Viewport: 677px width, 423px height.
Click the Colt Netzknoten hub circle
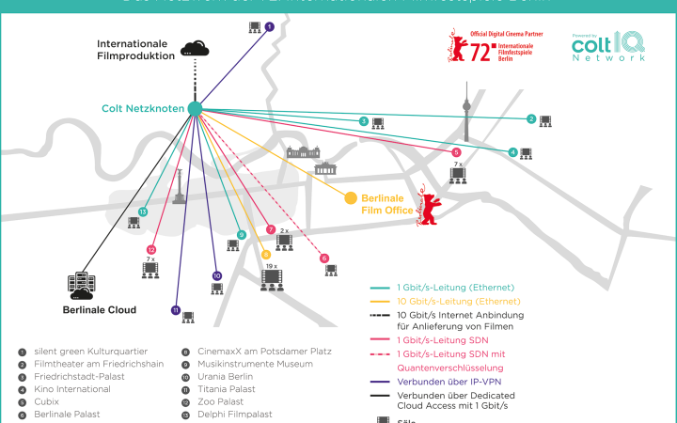coord(195,109)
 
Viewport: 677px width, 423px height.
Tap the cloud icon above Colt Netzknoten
coord(196,48)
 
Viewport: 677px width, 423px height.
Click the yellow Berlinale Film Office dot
coord(351,197)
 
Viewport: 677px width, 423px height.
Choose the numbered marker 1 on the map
coord(270,27)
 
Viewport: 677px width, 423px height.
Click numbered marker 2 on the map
coord(531,119)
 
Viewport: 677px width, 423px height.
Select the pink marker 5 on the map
coord(456,152)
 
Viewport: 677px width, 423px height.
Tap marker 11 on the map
coord(175,310)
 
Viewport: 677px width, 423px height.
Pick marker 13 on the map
coord(143,212)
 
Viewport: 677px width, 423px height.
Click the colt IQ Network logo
coord(608,46)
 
